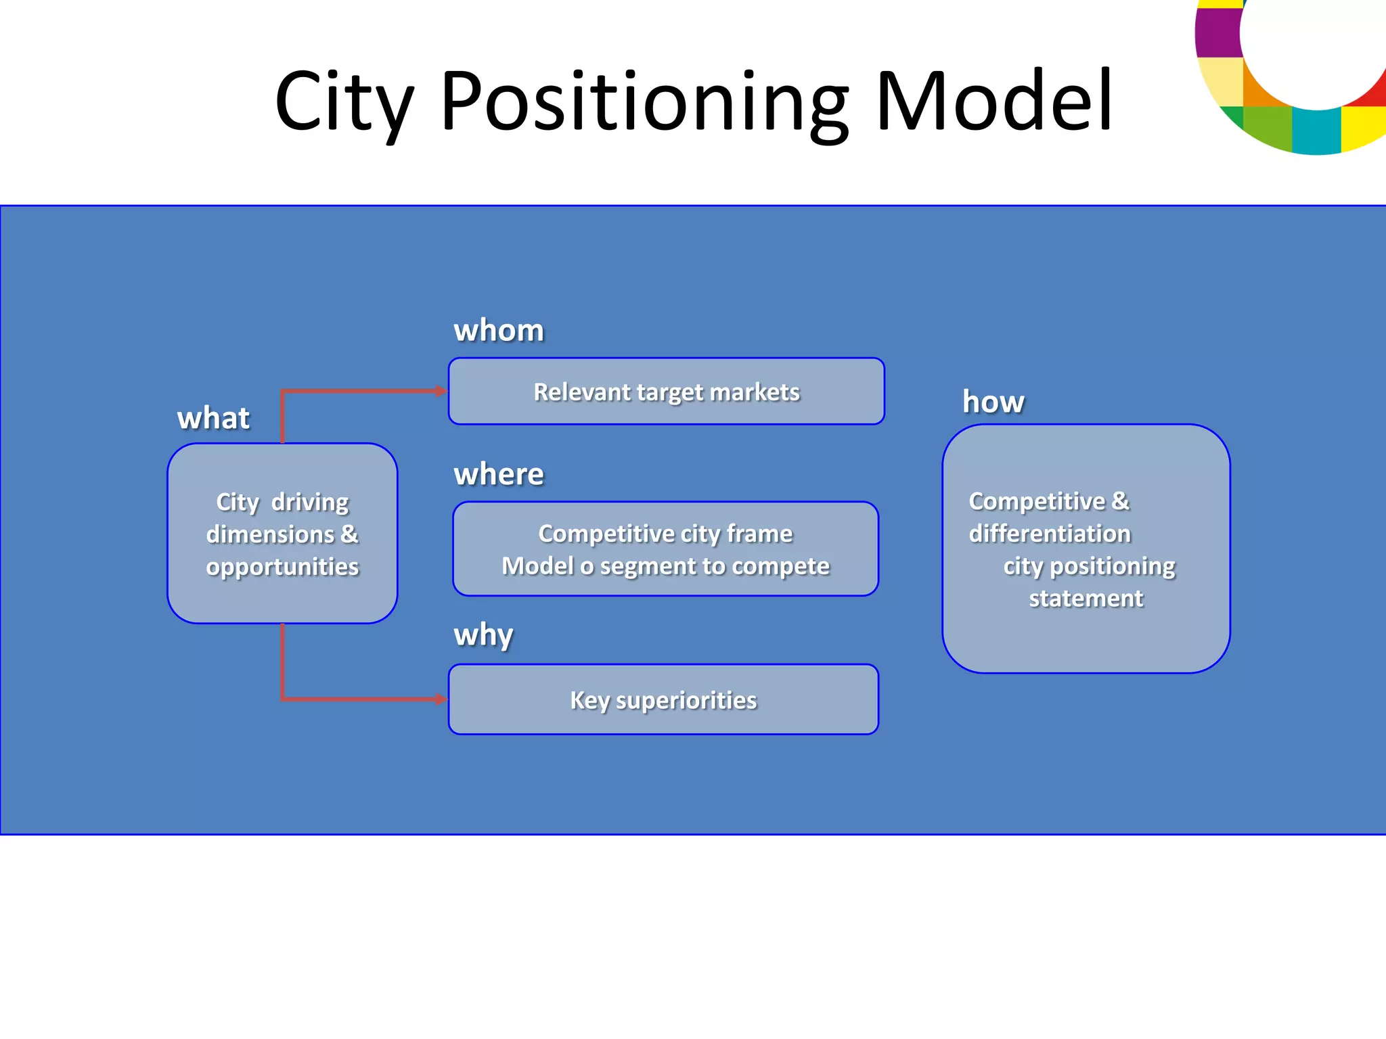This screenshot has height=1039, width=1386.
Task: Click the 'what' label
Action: (213, 418)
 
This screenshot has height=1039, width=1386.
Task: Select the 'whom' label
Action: (499, 330)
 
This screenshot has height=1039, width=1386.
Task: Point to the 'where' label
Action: (499, 474)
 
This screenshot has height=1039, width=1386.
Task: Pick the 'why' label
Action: (483, 635)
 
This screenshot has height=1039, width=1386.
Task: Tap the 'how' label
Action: (993, 402)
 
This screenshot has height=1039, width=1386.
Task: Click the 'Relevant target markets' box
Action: (666, 392)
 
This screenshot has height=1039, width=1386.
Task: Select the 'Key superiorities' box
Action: (663, 699)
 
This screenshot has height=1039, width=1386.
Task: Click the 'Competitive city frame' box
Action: (665, 549)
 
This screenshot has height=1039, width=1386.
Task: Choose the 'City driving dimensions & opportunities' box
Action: (282, 533)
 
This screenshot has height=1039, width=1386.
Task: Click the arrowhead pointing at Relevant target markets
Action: (441, 391)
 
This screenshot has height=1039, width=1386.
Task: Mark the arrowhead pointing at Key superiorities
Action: (441, 699)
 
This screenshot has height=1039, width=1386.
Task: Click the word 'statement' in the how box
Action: (1086, 599)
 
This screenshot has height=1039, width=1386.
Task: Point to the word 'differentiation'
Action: (1050, 534)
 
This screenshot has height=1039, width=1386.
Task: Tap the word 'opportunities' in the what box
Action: (282, 567)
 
